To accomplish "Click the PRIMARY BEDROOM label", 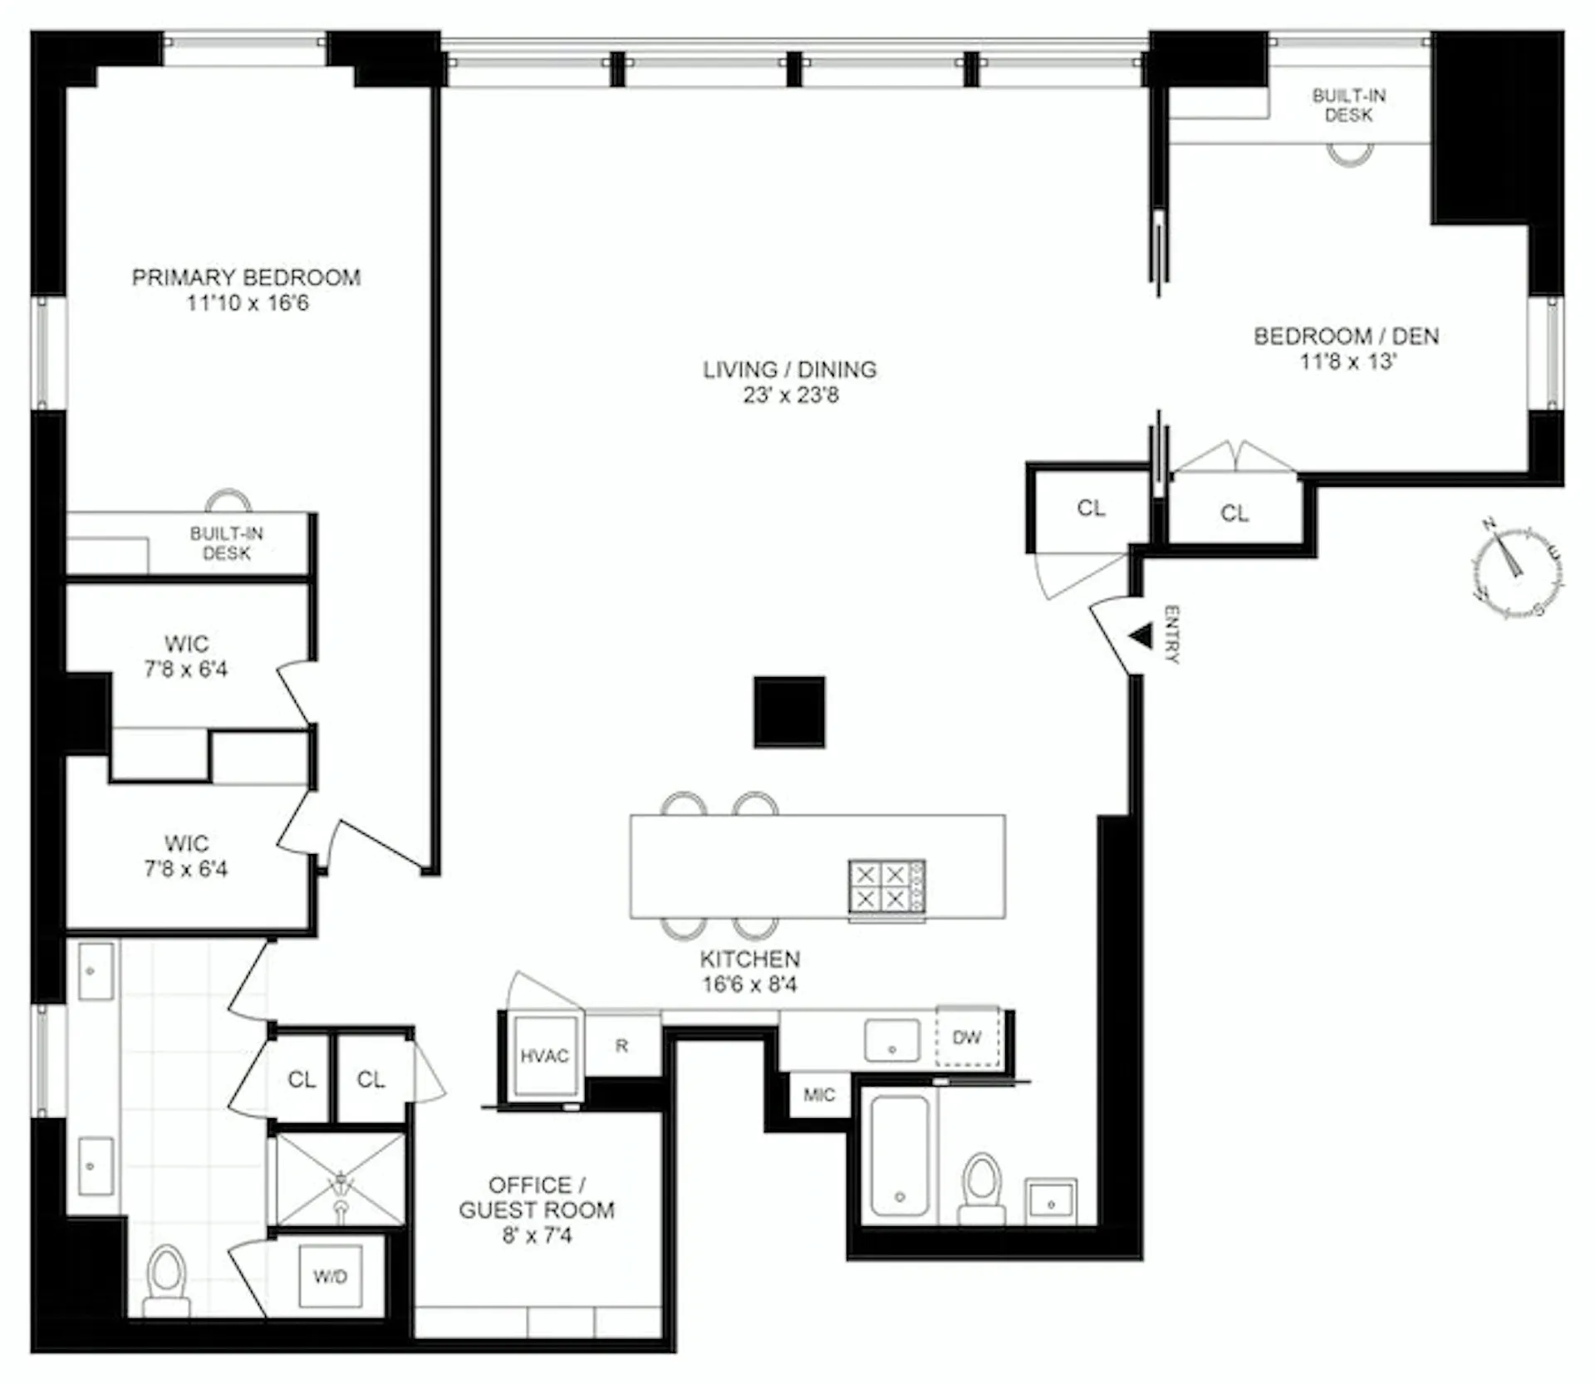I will [246, 277].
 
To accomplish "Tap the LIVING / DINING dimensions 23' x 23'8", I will [790, 395].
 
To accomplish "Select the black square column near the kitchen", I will [789, 712].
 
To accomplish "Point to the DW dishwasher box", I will [967, 1037].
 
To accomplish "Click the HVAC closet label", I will [544, 1056].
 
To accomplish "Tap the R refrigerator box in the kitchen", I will [622, 1046].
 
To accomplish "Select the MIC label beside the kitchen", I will [818, 1095].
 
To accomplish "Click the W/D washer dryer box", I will [330, 1276].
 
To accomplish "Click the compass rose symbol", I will [1517, 571].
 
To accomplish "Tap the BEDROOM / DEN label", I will [1346, 336].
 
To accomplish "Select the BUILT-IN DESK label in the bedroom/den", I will [1348, 106].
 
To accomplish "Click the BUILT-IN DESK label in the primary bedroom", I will [226, 543].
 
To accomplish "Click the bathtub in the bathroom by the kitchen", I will [900, 1156].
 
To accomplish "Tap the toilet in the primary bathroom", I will [166, 1279].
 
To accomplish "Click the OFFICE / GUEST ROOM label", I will [537, 1197].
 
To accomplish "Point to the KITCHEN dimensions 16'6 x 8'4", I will [749, 985].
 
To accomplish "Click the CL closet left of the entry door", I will [1091, 508].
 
